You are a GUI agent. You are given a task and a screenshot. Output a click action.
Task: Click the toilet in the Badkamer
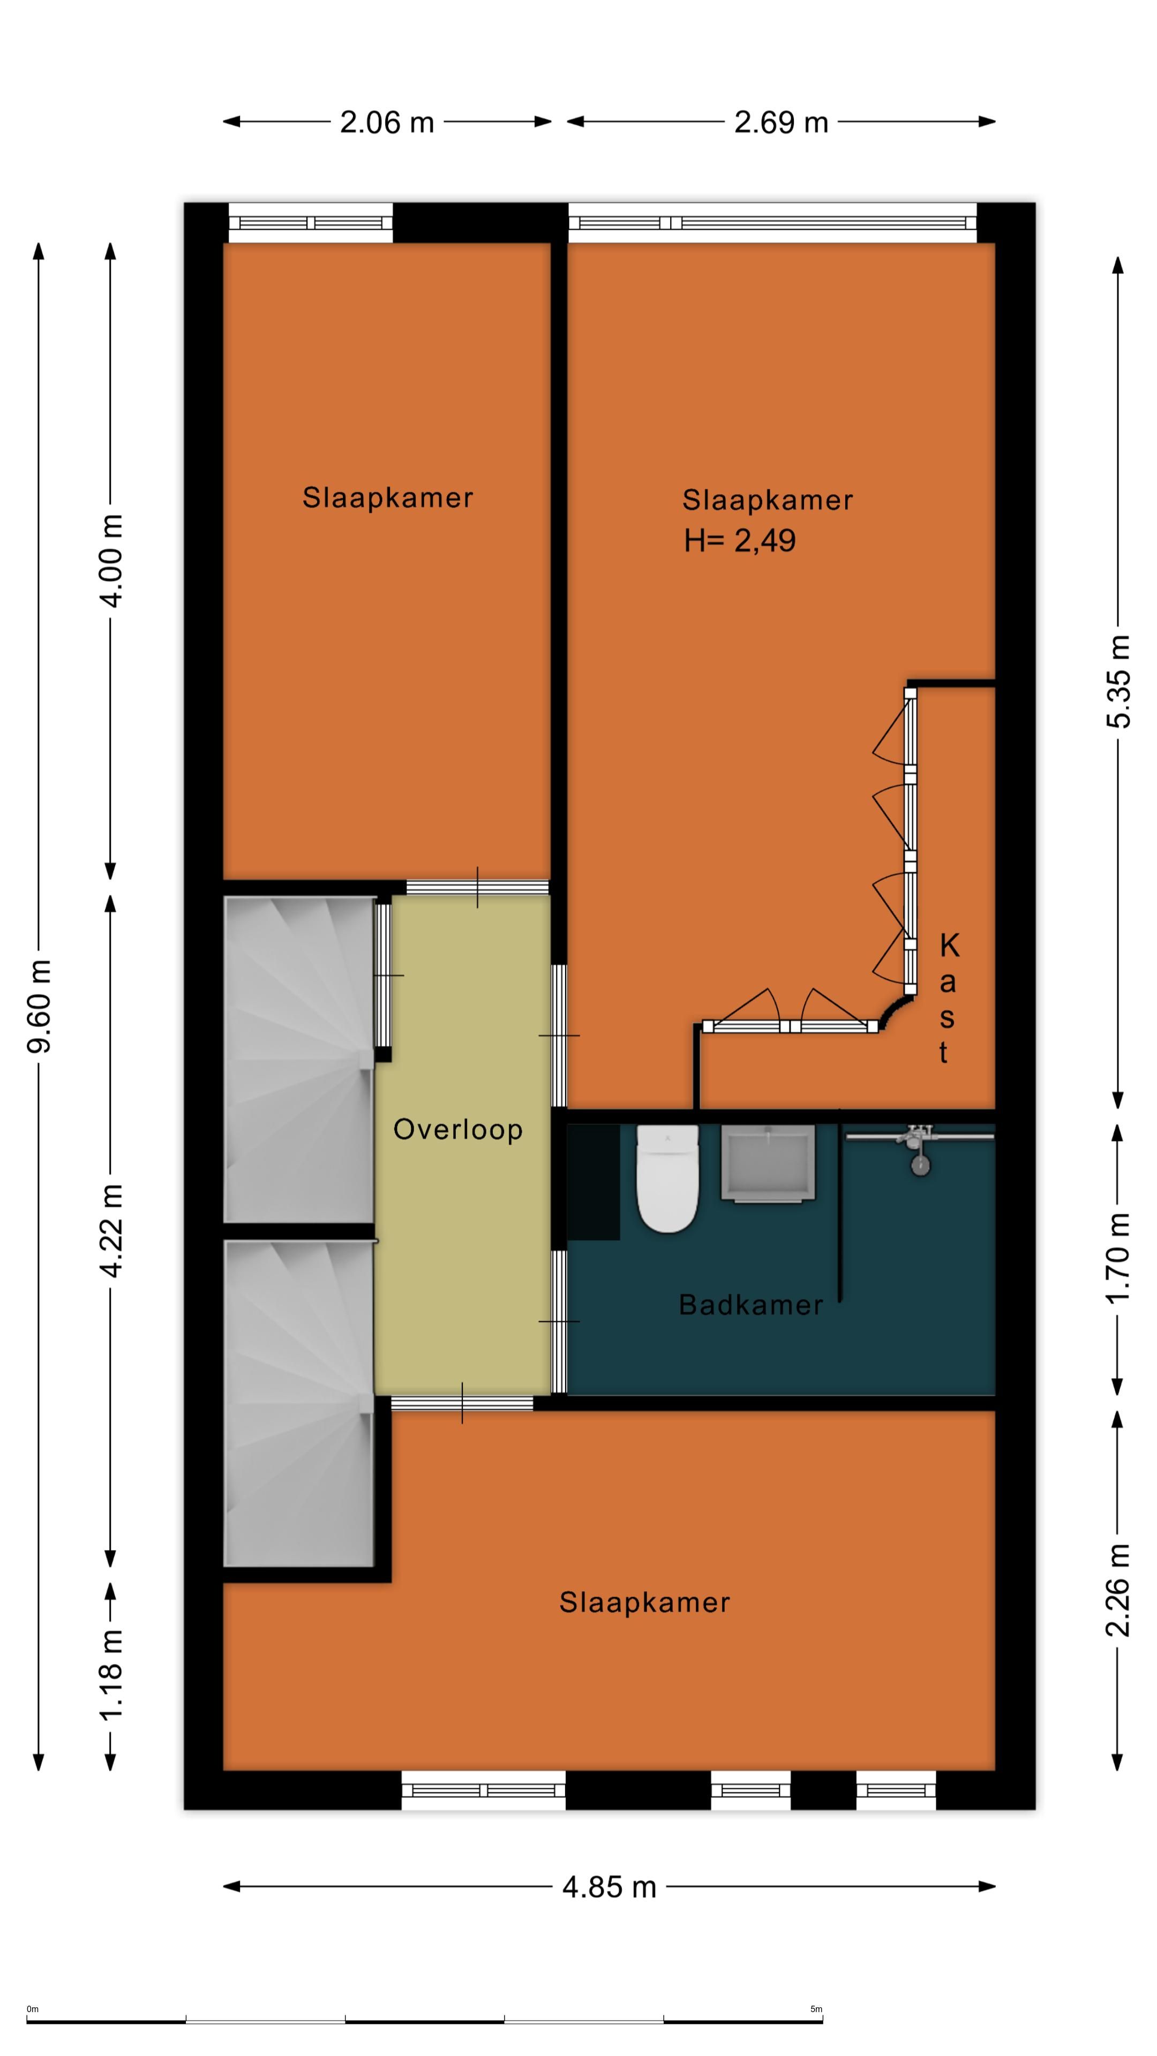click(667, 1179)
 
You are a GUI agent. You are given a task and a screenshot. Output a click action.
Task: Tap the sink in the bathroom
click(768, 1162)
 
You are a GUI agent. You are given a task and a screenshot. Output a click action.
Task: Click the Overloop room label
click(457, 1129)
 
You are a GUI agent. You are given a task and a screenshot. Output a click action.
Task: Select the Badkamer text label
click(750, 1305)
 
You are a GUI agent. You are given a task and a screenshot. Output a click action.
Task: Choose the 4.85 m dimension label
click(609, 1887)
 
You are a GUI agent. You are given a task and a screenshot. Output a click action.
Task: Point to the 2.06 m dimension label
click(387, 122)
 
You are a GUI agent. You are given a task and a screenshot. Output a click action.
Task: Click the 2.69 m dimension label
click(781, 122)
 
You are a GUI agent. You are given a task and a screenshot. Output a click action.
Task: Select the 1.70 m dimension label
click(1118, 1258)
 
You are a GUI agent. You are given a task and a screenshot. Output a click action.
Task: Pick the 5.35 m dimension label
click(1118, 682)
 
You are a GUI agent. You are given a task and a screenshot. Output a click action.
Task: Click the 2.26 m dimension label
click(1118, 1590)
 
